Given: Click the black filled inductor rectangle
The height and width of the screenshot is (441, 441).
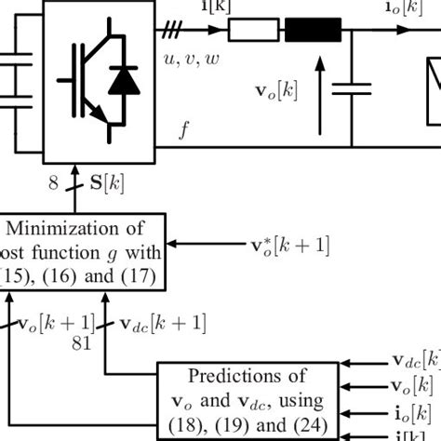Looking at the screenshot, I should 314,32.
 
